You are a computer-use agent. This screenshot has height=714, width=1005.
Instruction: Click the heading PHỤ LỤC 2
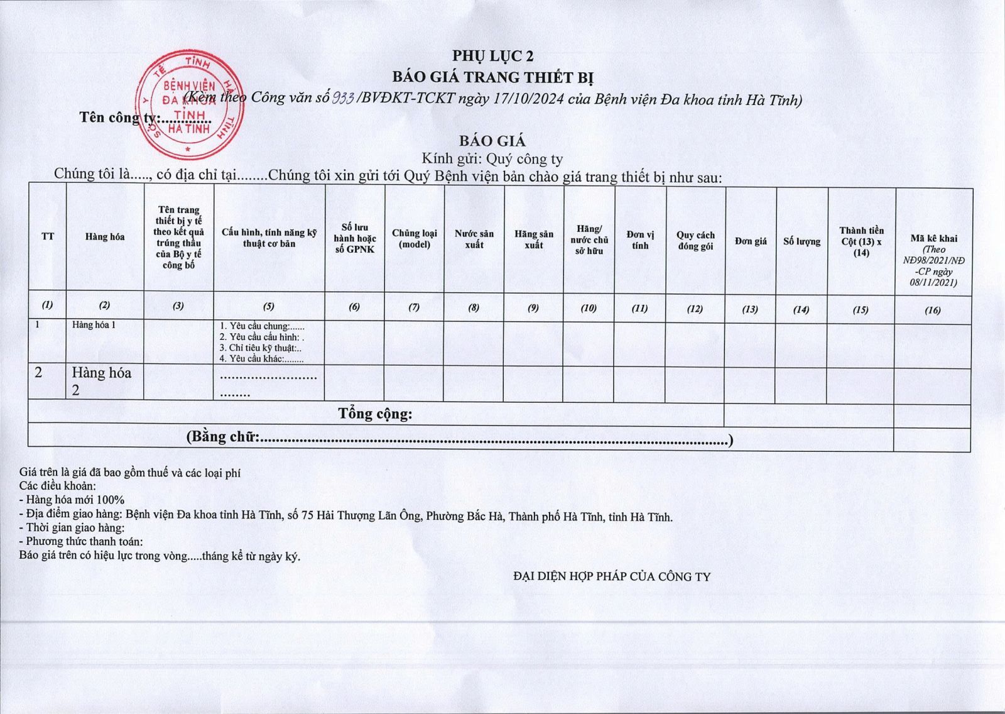(x=493, y=56)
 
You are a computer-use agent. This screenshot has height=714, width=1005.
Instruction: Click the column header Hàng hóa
(x=105, y=237)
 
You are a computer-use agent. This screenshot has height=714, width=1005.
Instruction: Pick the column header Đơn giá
(x=751, y=241)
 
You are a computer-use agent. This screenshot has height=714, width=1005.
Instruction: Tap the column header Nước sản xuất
(x=474, y=239)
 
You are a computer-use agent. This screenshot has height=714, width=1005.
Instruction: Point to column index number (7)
(x=414, y=307)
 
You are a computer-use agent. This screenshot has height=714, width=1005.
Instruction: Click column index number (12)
(x=695, y=309)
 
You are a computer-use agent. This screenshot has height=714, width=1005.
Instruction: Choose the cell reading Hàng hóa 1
(x=94, y=325)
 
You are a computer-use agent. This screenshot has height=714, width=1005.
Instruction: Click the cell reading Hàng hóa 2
(x=101, y=381)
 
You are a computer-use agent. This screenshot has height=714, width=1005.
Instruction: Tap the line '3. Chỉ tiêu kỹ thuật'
(x=260, y=348)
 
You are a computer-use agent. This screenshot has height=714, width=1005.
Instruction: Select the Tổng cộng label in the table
(x=375, y=414)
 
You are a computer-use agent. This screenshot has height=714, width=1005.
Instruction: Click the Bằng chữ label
(x=223, y=437)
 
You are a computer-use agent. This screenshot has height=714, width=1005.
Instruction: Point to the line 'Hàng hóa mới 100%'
(x=72, y=500)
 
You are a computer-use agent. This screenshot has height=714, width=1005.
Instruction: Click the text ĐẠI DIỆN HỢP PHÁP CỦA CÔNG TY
(x=611, y=576)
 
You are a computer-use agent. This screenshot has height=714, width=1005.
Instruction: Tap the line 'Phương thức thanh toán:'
(x=81, y=541)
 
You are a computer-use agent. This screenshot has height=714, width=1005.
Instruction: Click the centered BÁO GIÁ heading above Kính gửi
(x=492, y=141)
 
